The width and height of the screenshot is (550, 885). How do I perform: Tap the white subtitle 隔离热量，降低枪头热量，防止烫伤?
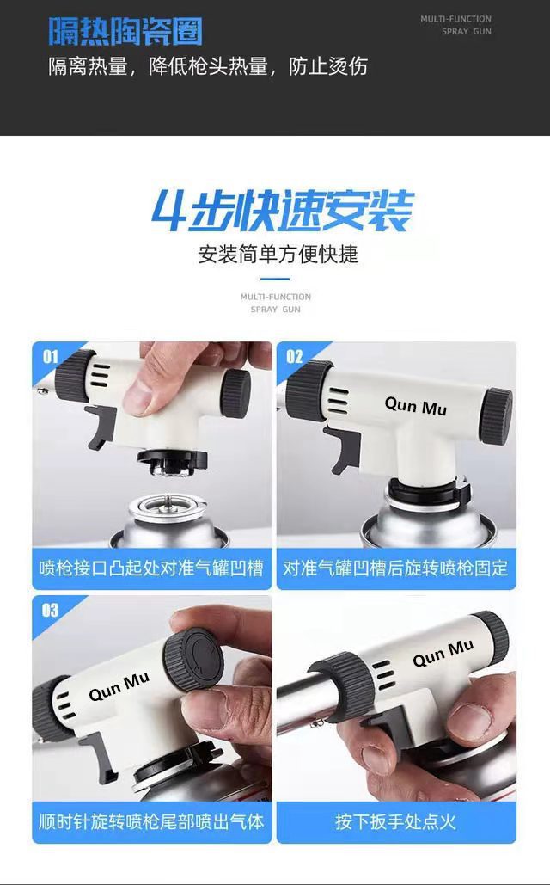point(207,67)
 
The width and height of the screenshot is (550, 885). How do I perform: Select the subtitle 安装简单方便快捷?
point(278,255)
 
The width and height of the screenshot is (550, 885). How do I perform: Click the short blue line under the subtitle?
point(275,279)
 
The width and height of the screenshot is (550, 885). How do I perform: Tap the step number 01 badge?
point(50,355)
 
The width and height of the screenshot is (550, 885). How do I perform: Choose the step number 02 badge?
point(295,355)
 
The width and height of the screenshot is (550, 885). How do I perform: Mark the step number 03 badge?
point(50,610)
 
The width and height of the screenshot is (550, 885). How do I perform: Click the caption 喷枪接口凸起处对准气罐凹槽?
point(151,568)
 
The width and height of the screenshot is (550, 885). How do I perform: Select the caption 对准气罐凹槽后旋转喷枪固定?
point(396,568)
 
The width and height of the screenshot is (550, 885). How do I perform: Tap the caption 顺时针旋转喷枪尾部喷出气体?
point(151,821)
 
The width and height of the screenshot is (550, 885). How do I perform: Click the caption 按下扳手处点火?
point(396,821)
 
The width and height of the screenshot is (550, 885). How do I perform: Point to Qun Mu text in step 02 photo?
point(415,405)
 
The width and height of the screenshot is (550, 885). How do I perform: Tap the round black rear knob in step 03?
point(194,658)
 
